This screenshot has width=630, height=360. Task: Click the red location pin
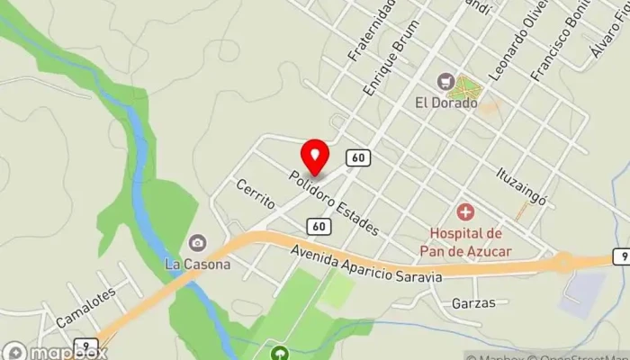(x=314, y=157)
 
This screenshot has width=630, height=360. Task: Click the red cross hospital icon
(x=465, y=213)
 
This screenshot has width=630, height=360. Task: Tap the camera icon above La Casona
(x=197, y=243)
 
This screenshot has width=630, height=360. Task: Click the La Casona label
(x=197, y=265)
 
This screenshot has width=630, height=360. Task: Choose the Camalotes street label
(x=87, y=306)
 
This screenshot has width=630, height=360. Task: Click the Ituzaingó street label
(x=522, y=185)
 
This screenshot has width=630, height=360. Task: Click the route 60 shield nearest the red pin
(x=358, y=157)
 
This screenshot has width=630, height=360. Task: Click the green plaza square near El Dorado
(x=465, y=89)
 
